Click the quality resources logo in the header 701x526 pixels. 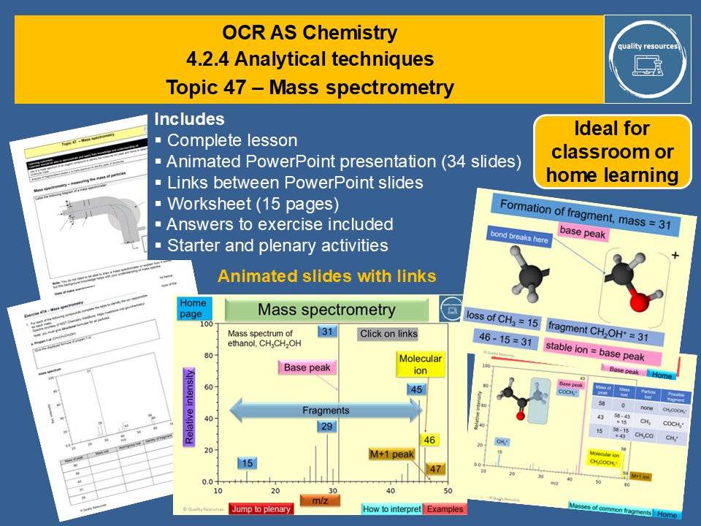coord(647,58)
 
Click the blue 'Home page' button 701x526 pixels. coord(192,308)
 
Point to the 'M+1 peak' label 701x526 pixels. coord(391,454)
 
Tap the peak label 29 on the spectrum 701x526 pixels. coord(326,427)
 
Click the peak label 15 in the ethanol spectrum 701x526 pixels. coord(248,462)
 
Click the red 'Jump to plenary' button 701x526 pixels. coord(261,508)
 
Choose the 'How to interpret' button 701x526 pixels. coord(391,508)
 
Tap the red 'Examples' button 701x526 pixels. coord(445,508)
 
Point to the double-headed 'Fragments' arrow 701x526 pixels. coord(326,411)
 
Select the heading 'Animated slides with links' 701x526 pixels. coord(326,276)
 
